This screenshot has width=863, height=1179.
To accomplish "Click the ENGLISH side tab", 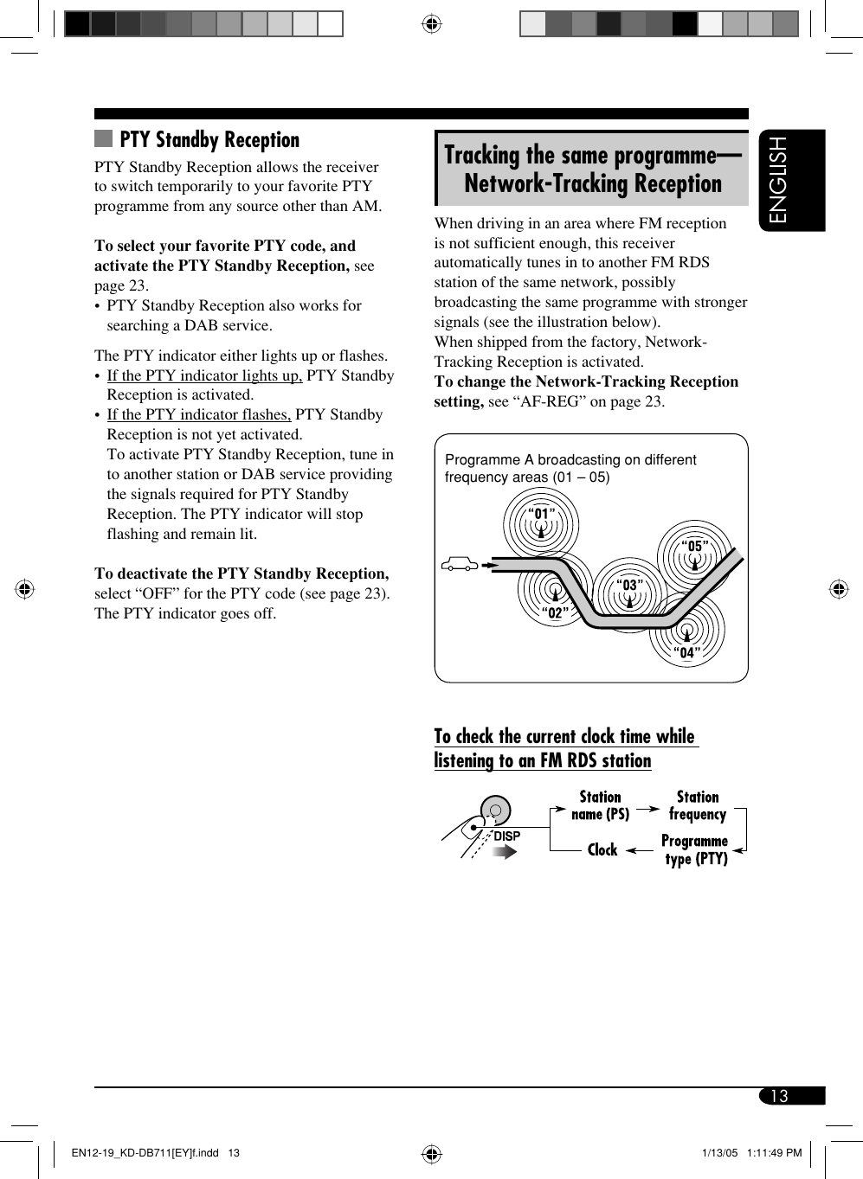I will point(791,181).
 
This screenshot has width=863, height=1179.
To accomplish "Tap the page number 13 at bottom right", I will point(779,1096).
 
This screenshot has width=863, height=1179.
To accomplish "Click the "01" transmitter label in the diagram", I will point(542,514).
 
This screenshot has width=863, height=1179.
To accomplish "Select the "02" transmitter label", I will point(555,613).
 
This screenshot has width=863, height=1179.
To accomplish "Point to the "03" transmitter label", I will point(629,586).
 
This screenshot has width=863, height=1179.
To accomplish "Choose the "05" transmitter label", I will point(695,546).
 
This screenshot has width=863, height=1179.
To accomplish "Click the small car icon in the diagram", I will point(460,565).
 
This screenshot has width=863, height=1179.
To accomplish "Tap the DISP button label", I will point(506,836).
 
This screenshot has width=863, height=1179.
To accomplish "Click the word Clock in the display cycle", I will point(602,850).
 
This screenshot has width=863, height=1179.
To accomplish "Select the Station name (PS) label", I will point(600,805).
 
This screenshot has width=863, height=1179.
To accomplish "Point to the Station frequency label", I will point(698,805).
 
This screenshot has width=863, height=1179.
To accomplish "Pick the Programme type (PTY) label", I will point(695,849).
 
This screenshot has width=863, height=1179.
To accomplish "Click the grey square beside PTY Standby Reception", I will point(104,138).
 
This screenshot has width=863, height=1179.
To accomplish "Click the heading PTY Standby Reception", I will point(209,140).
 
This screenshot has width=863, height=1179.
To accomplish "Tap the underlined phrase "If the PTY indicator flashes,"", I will point(198,415).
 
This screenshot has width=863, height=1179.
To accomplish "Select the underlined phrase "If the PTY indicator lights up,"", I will point(204,375).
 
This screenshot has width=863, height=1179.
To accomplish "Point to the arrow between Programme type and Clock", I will point(640,850).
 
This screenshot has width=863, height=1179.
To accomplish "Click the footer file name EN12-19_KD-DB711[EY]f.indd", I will point(145,1152).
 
